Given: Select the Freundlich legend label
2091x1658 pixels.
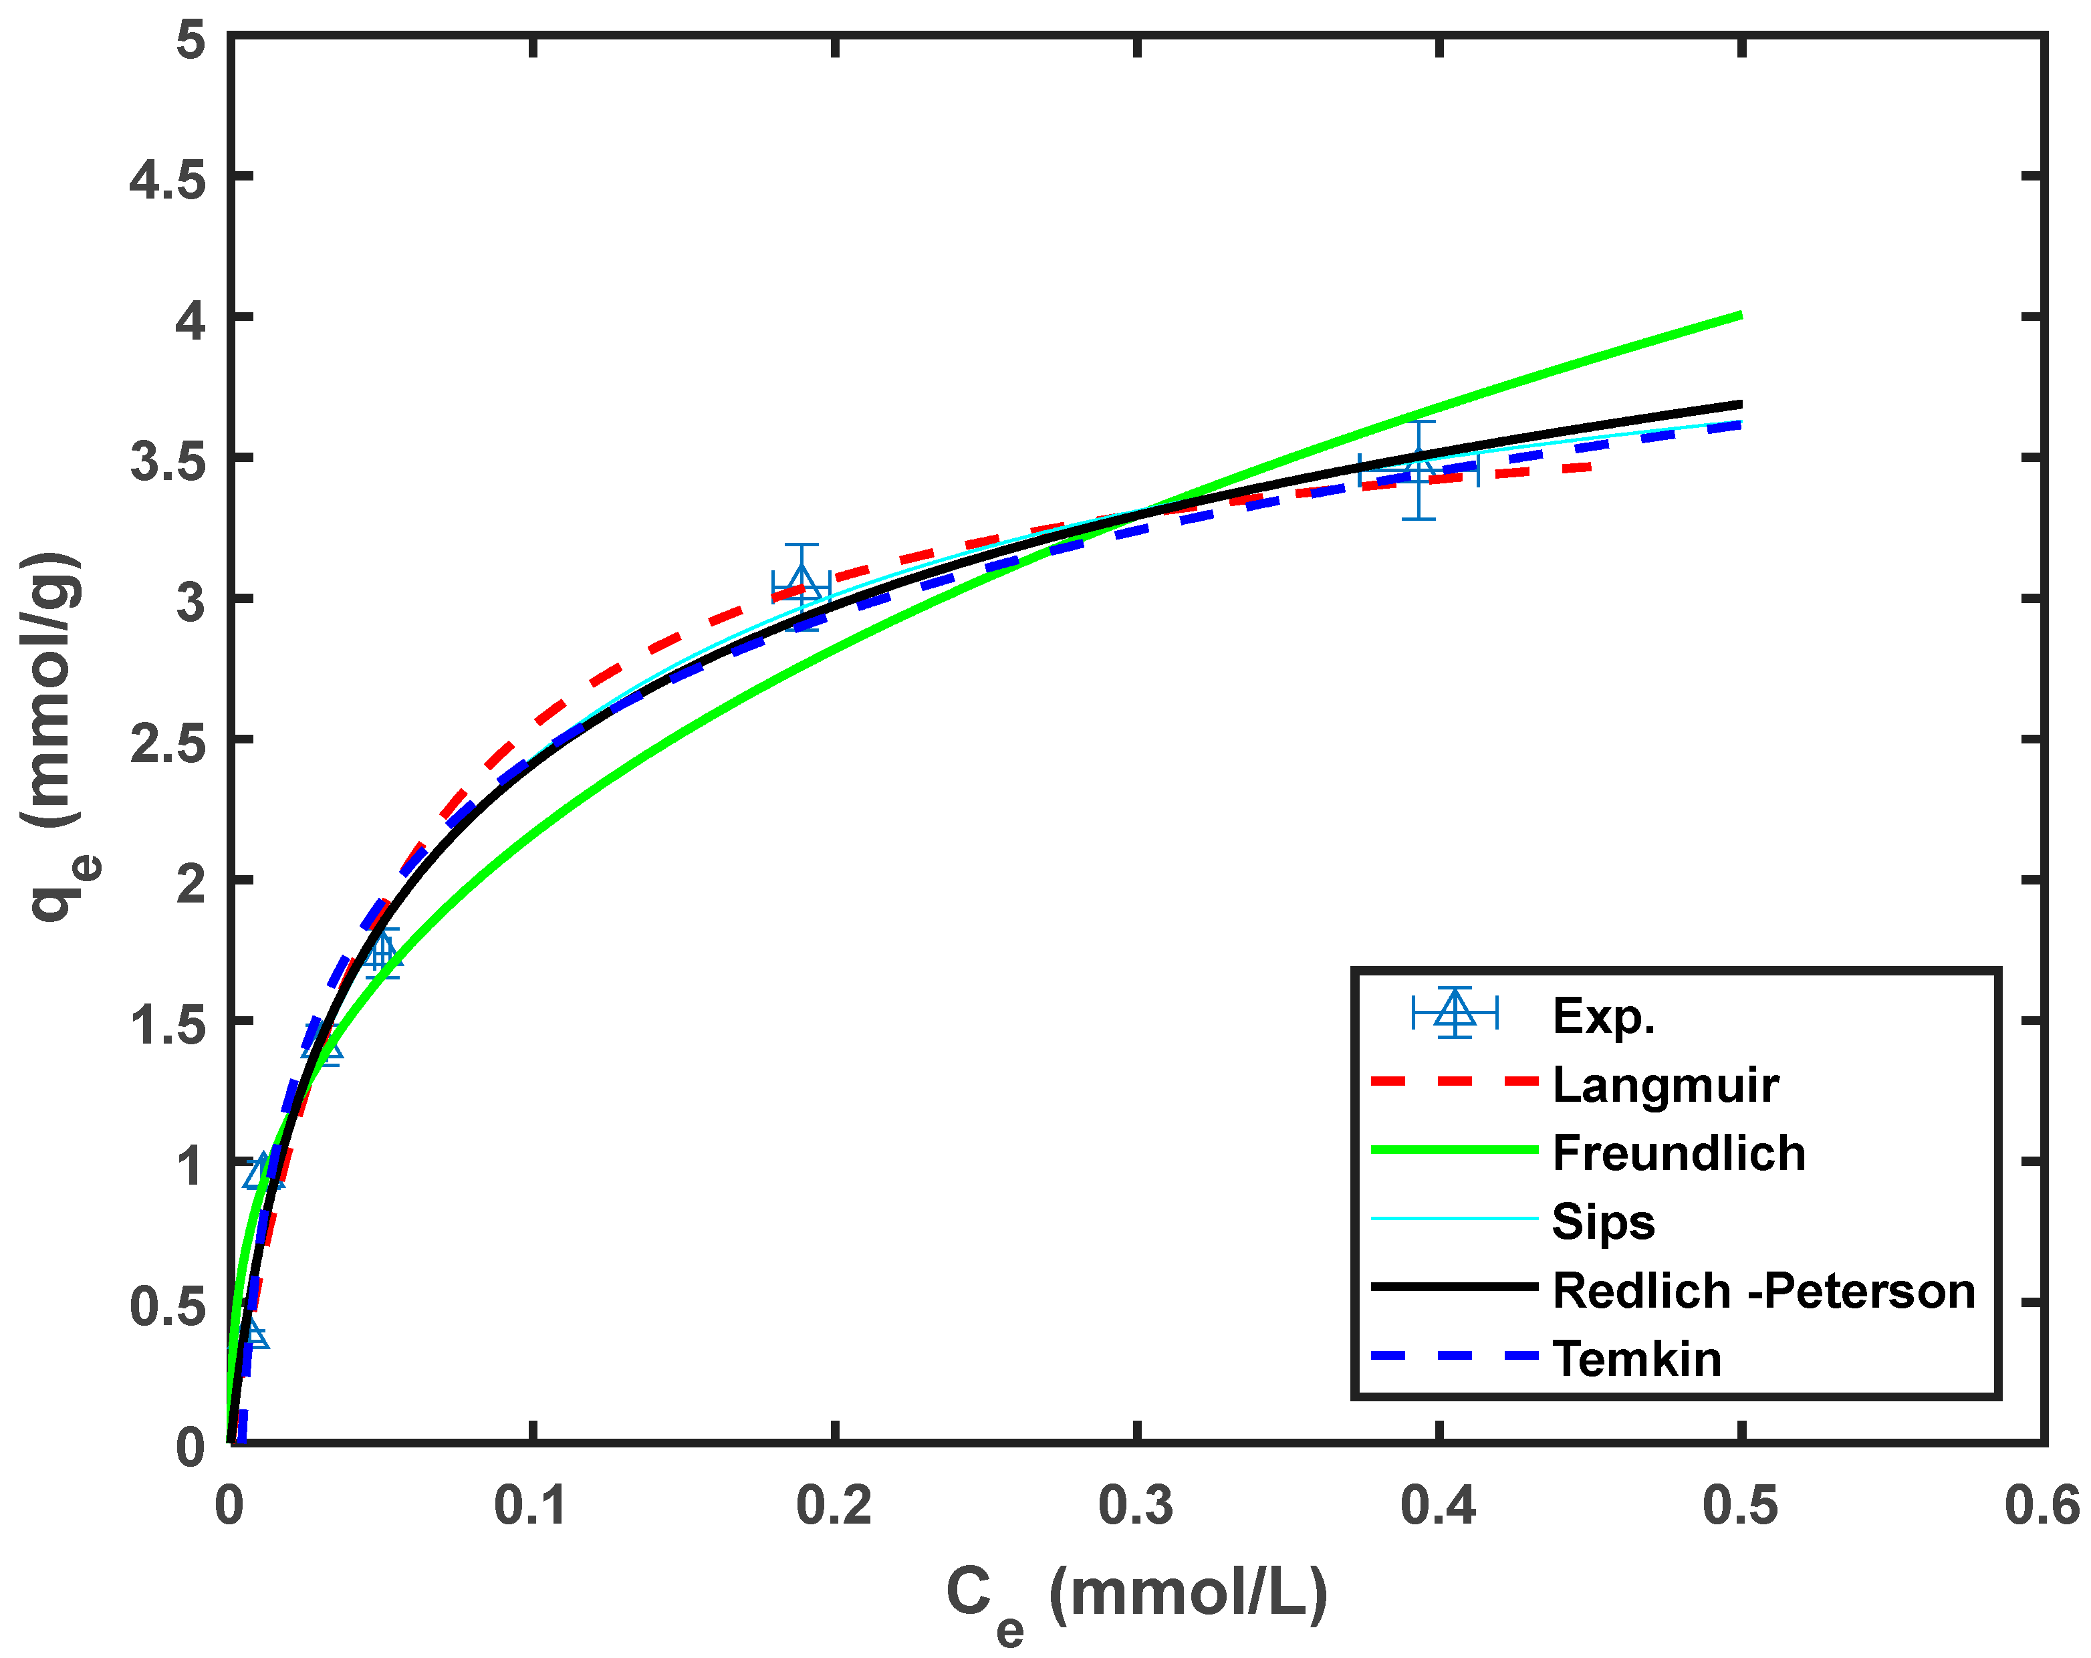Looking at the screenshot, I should pos(1679,1153).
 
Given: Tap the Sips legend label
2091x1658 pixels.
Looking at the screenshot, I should pos(1603,1222).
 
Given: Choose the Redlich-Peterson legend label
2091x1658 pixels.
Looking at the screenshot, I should pos(1763,1291).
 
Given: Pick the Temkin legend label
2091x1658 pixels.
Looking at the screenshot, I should pos(1637,1359).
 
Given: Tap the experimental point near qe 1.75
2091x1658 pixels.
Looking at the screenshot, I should pos(382,951).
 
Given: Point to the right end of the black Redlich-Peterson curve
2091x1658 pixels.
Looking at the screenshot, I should pos(1740,404).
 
